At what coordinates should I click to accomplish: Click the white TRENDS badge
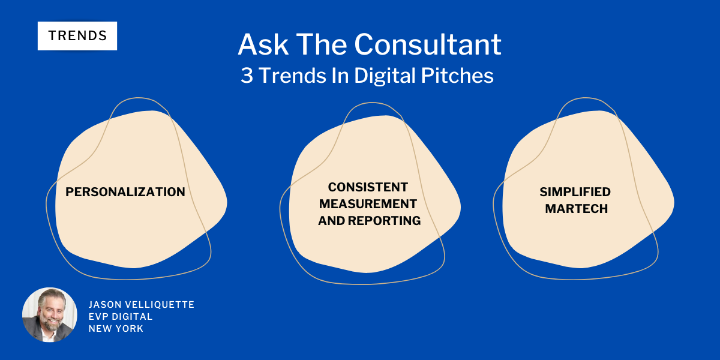click(77, 35)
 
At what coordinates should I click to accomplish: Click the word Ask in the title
click(263, 44)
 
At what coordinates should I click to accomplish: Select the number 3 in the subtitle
click(247, 76)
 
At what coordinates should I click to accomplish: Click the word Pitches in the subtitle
click(457, 76)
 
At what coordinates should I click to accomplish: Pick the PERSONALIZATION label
click(125, 192)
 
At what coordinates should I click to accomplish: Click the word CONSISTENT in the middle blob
click(368, 187)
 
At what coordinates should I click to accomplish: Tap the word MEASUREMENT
click(368, 204)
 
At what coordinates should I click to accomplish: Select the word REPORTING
click(384, 221)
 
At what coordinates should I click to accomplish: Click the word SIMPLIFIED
click(575, 192)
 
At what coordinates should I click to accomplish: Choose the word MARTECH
click(577, 209)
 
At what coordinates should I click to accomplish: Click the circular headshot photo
click(49, 314)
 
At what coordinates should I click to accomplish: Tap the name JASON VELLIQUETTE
click(142, 304)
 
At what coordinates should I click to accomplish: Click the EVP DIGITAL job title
click(121, 317)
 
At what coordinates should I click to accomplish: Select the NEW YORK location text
click(116, 329)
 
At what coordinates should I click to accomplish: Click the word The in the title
click(322, 44)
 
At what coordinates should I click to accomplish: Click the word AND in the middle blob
click(332, 221)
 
